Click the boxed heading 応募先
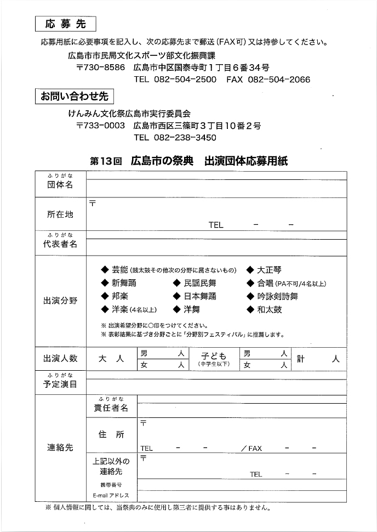(x=65, y=24)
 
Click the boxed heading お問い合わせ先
(x=74, y=97)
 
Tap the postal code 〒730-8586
(x=101, y=68)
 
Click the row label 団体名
(x=60, y=185)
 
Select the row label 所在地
(x=60, y=214)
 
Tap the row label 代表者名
(x=60, y=244)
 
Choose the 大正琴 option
(x=270, y=270)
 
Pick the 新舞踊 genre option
(x=124, y=283)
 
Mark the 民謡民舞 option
(x=200, y=283)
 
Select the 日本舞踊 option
(x=200, y=296)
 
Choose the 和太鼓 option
(x=270, y=309)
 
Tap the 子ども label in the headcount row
(x=213, y=356)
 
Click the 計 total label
(x=301, y=359)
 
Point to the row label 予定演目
(x=60, y=384)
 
